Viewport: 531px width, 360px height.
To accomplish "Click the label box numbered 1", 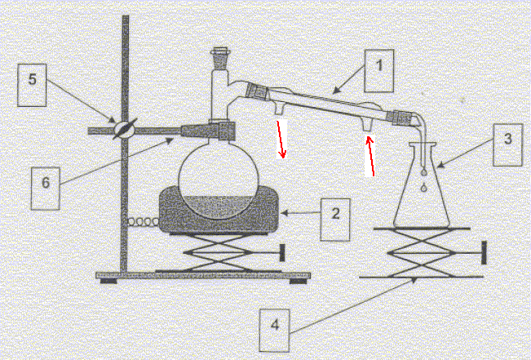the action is (379, 71).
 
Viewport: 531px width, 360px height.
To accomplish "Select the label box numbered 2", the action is (335, 220).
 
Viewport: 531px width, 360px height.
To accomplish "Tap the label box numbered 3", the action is (507, 144).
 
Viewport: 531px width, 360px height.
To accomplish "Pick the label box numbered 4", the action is (275, 330).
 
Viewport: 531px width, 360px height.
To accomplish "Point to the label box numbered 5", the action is (32, 85).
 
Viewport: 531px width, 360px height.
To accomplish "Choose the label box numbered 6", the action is (46, 189).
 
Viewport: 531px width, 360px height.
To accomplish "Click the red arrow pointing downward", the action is (281, 140).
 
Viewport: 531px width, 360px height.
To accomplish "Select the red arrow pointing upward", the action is (371, 156).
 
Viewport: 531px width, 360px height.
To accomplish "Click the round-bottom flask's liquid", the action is (219, 206).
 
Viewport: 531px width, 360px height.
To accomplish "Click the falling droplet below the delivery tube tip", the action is (423, 187).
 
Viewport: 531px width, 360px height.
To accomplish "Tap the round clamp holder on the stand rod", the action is (124, 129).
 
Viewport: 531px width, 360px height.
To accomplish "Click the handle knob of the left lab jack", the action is (281, 253).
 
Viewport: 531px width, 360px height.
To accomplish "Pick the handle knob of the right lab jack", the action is (484, 252).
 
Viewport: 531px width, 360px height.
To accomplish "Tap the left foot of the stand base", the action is (108, 281).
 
